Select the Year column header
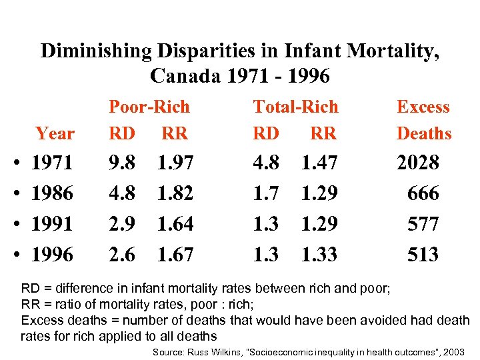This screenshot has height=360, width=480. pyautogui.click(x=55, y=133)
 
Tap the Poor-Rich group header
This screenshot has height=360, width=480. pyautogui.click(x=149, y=107)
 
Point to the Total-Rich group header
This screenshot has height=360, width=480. pyautogui.click(x=295, y=107)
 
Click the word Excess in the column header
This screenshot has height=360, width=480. pyautogui.click(x=423, y=107)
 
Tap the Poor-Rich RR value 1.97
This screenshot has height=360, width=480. pyautogui.click(x=175, y=163)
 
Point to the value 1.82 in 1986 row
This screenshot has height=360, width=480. pyautogui.click(x=175, y=193)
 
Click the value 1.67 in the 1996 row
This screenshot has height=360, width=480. pyautogui.click(x=175, y=254)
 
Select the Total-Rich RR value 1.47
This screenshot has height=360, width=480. pyautogui.click(x=319, y=163)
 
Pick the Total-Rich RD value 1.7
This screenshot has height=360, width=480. pyautogui.click(x=266, y=193)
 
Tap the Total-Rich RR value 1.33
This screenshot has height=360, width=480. pyautogui.click(x=319, y=254)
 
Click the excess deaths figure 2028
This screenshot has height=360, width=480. pyautogui.click(x=418, y=163)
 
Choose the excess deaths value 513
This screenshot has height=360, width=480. pyautogui.click(x=423, y=254)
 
